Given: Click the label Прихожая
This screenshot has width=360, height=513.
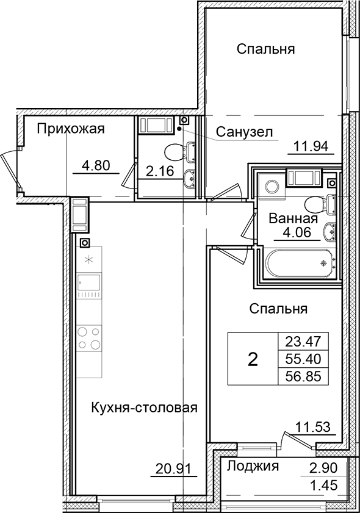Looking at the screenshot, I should (71, 129).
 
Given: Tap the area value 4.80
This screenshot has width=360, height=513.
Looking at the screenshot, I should (96, 164).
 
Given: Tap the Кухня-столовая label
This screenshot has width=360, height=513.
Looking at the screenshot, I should (145, 407).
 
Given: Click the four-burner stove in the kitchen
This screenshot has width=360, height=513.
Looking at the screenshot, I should (89, 339).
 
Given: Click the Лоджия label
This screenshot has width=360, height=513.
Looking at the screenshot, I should (253, 467).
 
